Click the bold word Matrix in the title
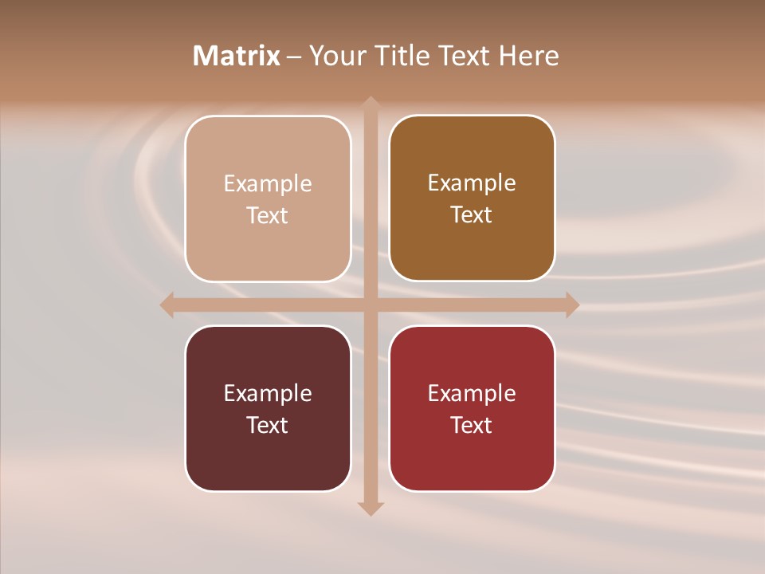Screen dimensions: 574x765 pos(237,56)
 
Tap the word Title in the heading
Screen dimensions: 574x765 pos(402,56)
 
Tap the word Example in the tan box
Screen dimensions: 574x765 pos(268,183)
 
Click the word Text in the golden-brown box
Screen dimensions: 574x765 pos(472,214)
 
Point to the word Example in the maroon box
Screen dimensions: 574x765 pos(268,393)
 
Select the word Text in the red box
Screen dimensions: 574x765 pos(472,425)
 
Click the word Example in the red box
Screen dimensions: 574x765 pos(472,393)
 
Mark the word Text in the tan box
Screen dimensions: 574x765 pos(268,215)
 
